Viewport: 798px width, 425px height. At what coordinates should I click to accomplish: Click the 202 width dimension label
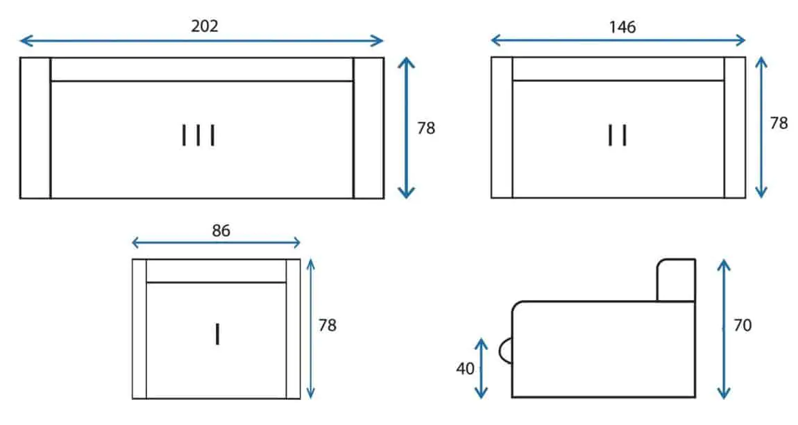(x=205, y=26)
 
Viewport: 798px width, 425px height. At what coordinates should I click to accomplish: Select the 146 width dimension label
(x=622, y=27)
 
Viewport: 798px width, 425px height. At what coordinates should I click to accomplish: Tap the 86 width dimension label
(x=221, y=231)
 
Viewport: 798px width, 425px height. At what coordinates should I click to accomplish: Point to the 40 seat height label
(x=465, y=369)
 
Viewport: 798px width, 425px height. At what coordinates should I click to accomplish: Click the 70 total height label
(x=742, y=325)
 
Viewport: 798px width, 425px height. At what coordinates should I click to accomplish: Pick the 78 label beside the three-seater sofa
(x=426, y=128)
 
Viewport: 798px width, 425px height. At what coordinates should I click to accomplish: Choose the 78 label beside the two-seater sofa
(x=779, y=123)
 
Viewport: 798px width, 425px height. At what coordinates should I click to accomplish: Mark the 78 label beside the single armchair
(x=328, y=325)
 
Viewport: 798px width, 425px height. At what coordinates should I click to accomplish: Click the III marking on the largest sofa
(x=198, y=135)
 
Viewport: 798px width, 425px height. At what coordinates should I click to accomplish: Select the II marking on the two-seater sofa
(x=618, y=135)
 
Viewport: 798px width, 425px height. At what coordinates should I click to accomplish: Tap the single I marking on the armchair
(x=218, y=335)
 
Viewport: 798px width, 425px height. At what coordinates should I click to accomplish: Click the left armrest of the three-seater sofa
(x=35, y=128)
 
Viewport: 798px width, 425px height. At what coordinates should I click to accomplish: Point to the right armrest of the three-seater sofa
(x=368, y=128)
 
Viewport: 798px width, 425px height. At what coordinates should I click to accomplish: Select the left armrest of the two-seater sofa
(x=502, y=127)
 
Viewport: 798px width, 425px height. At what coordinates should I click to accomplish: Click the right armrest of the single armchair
(x=293, y=328)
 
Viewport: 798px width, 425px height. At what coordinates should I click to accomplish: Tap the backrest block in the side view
(x=676, y=280)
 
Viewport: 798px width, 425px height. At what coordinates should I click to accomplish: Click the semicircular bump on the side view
(x=505, y=351)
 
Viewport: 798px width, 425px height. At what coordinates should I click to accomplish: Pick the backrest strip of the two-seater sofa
(x=618, y=69)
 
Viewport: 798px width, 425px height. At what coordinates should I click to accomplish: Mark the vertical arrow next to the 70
(x=724, y=328)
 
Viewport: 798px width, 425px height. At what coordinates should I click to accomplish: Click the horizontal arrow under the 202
(x=201, y=41)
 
